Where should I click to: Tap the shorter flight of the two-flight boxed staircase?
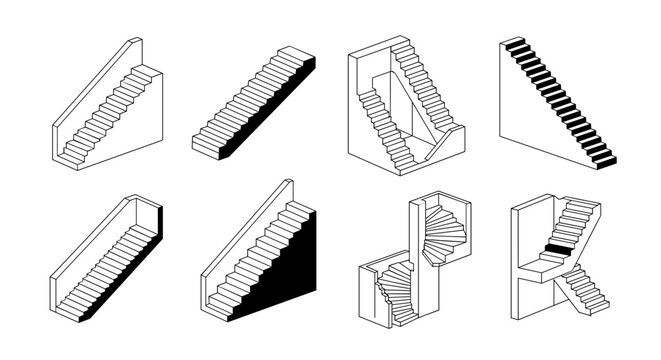tap(379, 120)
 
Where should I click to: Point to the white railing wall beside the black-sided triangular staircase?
tap(245, 240)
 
